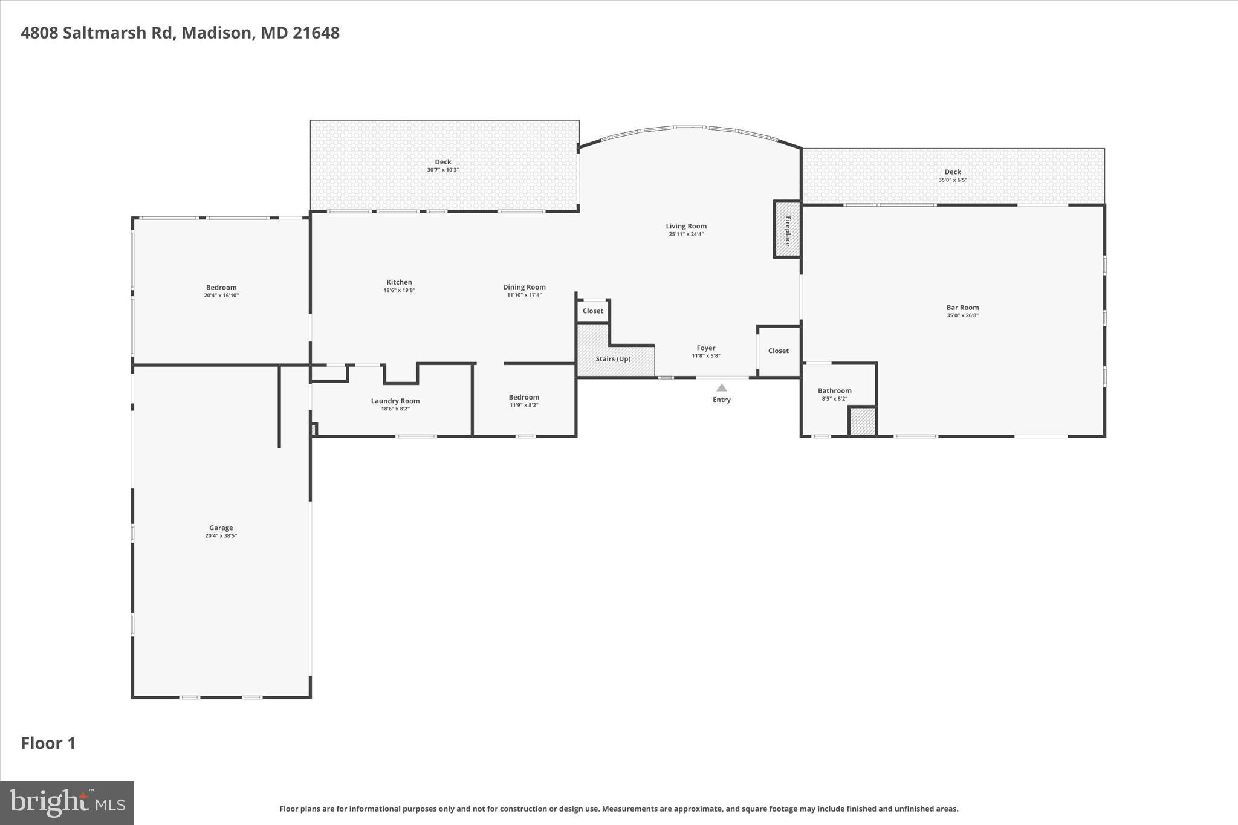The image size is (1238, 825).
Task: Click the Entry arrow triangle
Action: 721,388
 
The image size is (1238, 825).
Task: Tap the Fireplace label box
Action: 788,230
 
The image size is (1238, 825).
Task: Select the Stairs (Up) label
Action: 613,359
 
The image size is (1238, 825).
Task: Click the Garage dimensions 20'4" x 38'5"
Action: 221,536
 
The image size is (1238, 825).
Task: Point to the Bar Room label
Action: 962,308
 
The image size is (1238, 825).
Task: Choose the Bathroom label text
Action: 834,391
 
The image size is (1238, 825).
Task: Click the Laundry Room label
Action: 395,401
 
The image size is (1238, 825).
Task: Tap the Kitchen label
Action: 399,282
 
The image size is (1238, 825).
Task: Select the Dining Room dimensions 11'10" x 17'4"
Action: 524,296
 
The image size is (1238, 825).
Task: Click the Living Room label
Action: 686,226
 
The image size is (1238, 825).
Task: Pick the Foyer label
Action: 705,348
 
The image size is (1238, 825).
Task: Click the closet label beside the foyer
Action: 778,351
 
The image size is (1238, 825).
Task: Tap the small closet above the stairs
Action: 592,311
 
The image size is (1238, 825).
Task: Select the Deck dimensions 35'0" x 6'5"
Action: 953,180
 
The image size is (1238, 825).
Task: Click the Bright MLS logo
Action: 67,803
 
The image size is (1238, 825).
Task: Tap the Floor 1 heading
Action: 48,743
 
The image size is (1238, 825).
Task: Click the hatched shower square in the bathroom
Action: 862,421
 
